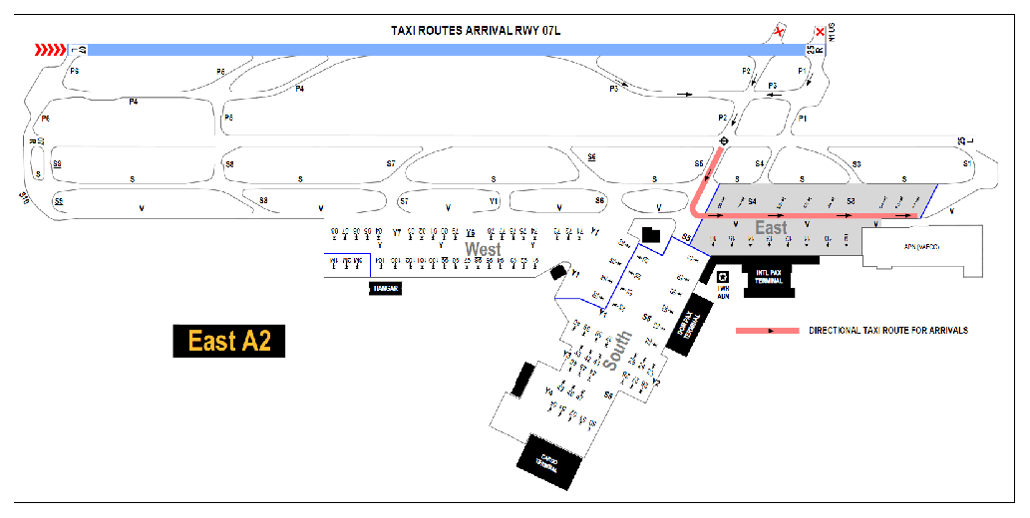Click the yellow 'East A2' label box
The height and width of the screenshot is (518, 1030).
pyautogui.click(x=229, y=341)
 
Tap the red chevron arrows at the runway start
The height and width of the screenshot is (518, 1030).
pyautogui.click(x=50, y=49)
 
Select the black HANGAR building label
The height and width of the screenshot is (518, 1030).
pyautogui.click(x=386, y=288)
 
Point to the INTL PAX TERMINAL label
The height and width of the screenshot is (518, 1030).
pyautogui.click(x=768, y=278)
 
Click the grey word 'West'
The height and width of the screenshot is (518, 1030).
pyautogui.click(x=483, y=249)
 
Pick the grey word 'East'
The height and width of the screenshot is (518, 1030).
pyautogui.click(x=771, y=228)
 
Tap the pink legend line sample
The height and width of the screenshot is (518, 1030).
pyautogui.click(x=767, y=330)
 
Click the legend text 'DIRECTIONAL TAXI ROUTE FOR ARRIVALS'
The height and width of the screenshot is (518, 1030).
pyautogui.click(x=887, y=330)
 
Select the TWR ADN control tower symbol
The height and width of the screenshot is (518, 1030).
pyautogui.click(x=724, y=279)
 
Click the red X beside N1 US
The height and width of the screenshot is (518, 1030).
pyautogui.click(x=821, y=33)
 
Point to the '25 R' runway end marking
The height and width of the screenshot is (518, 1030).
pyautogui.click(x=816, y=47)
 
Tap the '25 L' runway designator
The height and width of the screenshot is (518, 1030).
pyautogui.click(x=962, y=140)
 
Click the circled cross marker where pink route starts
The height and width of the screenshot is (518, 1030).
pyautogui.click(x=724, y=141)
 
